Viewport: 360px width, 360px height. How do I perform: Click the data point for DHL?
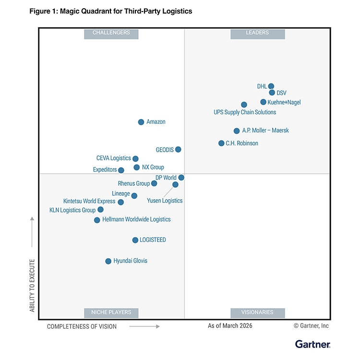(x=271, y=86)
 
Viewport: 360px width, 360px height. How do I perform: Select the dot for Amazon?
(x=141, y=122)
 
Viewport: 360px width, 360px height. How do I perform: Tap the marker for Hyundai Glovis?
(x=108, y=261)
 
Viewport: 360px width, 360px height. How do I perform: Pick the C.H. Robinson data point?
(x=221, y=143)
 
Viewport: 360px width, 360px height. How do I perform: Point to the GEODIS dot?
(x=178, y=149)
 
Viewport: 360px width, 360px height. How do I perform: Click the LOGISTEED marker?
(x=135, y=240)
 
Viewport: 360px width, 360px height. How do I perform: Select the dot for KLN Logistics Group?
(x=100, y=210)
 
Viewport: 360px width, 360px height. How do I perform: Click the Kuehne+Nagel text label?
(x=284, y=102)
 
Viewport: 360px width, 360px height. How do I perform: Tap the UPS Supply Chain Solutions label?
(x=245, y=112)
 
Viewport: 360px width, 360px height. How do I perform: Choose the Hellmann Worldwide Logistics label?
(x=136, y=219)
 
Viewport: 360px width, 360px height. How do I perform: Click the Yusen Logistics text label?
(x=165, y=201)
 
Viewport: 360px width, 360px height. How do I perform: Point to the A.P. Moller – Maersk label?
(x=265, y=131)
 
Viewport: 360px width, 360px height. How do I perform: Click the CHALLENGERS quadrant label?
(x=111, y=33)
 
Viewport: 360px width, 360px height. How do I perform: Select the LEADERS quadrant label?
(x=258, y=33)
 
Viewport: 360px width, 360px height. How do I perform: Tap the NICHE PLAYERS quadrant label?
(x=111, y=312)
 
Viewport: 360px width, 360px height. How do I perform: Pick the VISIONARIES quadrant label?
(x=258, y=312)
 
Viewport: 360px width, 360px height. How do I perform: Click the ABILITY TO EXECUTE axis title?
(x=33, y=286)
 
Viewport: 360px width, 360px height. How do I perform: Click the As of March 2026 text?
(x=230, y=326)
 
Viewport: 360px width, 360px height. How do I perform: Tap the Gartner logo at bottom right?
(x=312, y=344)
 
